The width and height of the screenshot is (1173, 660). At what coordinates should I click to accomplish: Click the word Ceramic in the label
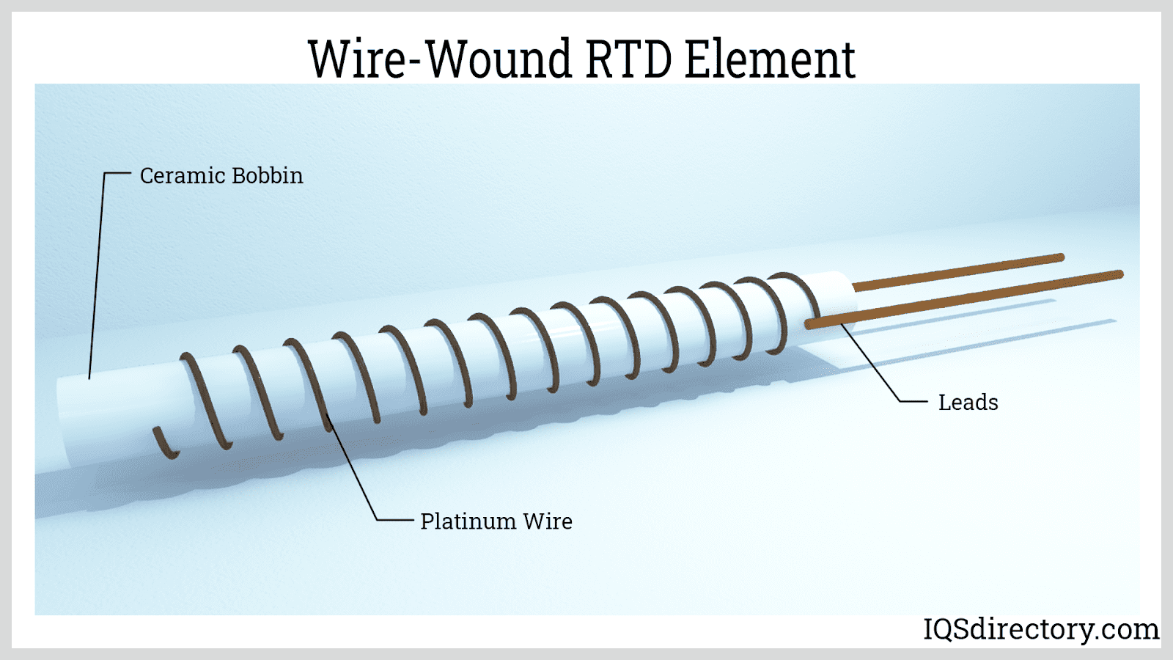(183, 176)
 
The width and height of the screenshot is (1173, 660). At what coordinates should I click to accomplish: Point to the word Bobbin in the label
(267, 176)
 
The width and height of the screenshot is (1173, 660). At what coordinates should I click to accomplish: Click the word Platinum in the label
(468, 521)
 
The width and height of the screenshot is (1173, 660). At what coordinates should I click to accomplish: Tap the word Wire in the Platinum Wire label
(548, 521)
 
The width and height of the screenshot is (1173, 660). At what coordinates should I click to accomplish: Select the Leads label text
(968, 403)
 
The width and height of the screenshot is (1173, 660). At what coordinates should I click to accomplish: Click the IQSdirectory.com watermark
(1040, 629)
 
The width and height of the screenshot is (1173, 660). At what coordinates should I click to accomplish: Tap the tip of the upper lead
(1060, 257)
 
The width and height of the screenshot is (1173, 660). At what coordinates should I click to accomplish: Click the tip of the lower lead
(1119, 275)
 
